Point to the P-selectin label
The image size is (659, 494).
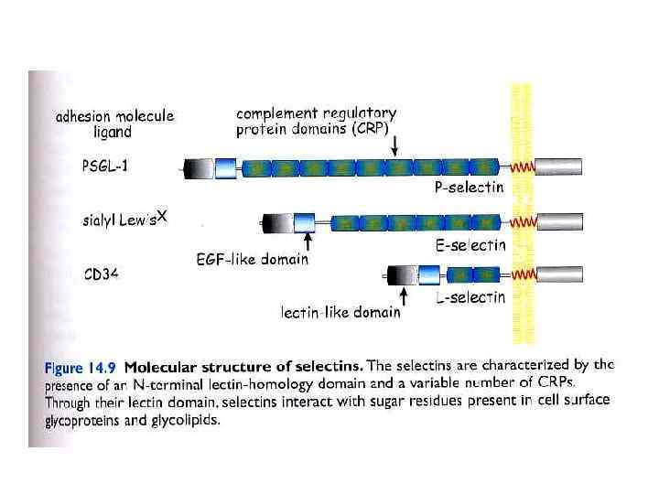tap(469, 188)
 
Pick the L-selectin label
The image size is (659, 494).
tap(470, 296)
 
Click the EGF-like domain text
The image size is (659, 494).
tap(253, 260)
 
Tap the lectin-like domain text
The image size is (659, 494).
tap(340, 312)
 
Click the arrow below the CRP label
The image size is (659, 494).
tap(394, 145)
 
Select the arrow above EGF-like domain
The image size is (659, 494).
tap(308, 241)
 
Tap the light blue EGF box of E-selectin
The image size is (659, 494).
tap(302, 221)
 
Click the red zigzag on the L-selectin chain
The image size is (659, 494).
tap(523, 274)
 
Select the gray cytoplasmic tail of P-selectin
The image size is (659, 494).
tap(557, 168)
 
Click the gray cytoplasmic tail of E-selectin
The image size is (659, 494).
tap(557, 221)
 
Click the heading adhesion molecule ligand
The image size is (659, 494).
tap(114, 123)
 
